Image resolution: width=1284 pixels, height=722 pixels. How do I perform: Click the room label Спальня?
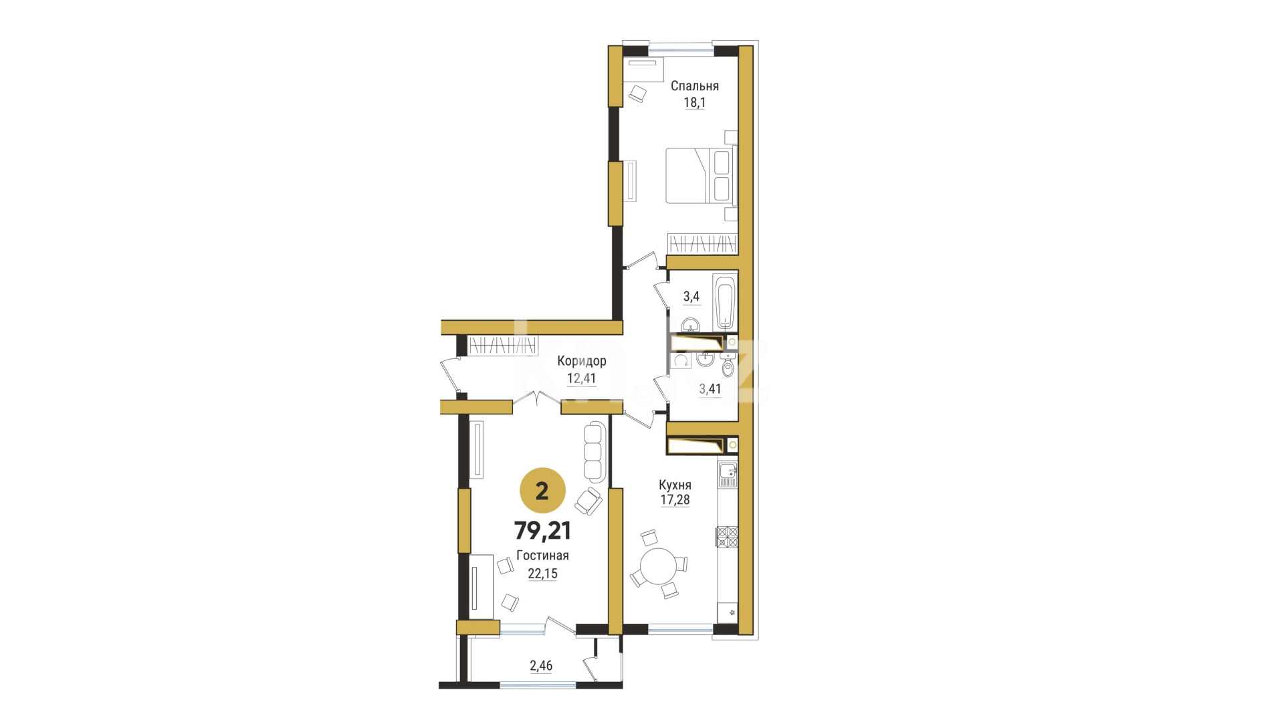pos(694,86)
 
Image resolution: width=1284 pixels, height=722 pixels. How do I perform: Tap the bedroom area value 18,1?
pos(694,103)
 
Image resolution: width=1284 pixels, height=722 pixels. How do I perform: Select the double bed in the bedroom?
pos(700,175)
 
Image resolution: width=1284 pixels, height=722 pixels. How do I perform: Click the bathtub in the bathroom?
pos(724,302)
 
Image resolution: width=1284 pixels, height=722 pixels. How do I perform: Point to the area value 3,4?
pos(691,296)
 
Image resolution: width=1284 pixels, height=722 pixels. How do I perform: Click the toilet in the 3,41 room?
pos(728,366)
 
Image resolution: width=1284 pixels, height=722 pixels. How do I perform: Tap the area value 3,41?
pos(710,388)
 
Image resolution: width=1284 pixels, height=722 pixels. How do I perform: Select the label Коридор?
pos(582,361)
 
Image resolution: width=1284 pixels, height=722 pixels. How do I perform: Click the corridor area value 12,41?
pos(581,378)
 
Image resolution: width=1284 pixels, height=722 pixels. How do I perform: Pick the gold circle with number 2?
pos(542,491)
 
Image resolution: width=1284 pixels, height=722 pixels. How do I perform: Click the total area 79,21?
pos(542,531)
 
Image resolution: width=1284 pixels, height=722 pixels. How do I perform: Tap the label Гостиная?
pos(542,556)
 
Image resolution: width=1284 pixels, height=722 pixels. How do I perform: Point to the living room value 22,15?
pos(542,574)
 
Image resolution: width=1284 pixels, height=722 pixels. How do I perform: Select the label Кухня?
pos(675,485)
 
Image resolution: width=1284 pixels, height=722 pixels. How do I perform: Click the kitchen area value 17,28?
pos(675,499)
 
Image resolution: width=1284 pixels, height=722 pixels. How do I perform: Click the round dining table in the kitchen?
pos(659,567)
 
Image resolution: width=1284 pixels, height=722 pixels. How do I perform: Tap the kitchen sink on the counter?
pos(727,475)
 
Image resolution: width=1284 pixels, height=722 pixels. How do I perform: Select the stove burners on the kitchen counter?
pos(727,537)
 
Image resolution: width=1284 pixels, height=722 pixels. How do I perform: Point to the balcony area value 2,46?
pos(541,665)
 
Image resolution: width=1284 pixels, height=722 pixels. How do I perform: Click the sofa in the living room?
pos(594,452)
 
